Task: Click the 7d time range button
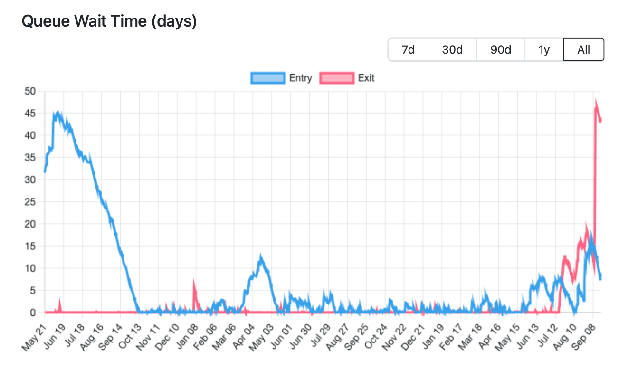[x=408, y=49]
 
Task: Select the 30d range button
[x=452, y=49]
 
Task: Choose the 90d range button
[x=501, y=49]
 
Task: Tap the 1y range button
[x=544, y=49]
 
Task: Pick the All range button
[x=584, y=49]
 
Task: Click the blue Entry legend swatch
[x=268, y=78]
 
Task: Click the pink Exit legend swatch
[x=337, y=78]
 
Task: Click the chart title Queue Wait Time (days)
[x=109, y=21]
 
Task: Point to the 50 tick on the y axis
[x=30, y=91]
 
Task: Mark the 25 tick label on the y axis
[x=30, y=202]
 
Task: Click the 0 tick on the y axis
[x=33, y=313]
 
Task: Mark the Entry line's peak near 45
[x=58, y=112]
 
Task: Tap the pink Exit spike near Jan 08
[x=194, y=280]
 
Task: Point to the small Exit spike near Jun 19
[x=60, y=299]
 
